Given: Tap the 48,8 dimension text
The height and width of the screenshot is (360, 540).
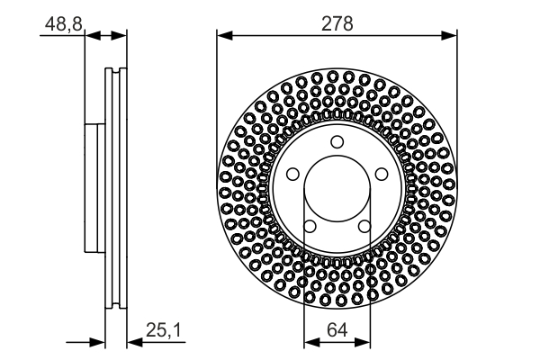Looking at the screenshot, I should click(62, 23).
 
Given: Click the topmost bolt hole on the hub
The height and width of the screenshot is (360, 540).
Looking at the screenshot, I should click(337, 141).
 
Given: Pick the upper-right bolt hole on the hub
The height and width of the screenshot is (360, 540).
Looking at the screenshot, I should click(381, 174).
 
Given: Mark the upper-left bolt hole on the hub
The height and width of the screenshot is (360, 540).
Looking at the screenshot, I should click(293, 174).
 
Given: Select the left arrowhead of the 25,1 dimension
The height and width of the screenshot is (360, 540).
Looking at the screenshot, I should click(100, 342).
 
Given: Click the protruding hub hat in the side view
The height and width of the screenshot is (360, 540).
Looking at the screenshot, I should click(95, 189).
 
